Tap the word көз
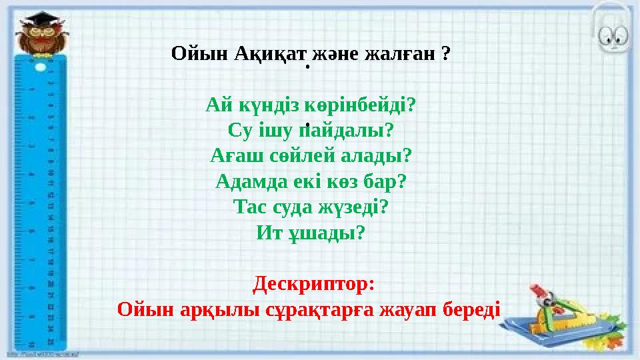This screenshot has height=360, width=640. click(346, 182)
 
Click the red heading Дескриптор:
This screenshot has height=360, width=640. click(313, 285)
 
